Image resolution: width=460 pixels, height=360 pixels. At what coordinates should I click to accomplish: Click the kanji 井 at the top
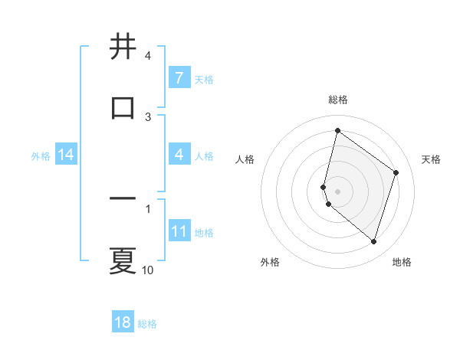click(123, 47)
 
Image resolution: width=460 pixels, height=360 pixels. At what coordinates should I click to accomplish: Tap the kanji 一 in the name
click(123, 199)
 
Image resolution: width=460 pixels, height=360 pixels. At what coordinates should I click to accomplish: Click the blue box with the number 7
click(179, 77)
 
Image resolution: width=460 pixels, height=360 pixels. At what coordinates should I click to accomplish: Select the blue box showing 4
click(179, 155)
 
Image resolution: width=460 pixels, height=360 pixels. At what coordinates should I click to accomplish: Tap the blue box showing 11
click(179, 231)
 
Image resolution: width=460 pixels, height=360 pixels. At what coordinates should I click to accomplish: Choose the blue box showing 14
click(66, 155)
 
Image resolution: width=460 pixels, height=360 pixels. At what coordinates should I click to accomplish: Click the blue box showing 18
click(123, 322)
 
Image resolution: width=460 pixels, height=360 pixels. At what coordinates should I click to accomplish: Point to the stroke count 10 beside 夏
click(148, 270)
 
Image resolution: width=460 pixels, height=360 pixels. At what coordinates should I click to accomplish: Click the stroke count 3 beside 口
click(148, 117)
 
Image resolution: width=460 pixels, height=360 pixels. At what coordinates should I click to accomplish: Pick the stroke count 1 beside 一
click(148, 208)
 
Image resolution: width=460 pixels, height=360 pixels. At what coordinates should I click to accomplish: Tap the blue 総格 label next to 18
click(147, 324)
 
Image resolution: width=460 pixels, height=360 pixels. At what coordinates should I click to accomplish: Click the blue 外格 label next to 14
click(41, 156)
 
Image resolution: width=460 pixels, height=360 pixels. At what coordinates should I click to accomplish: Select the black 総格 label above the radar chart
click(338, 100)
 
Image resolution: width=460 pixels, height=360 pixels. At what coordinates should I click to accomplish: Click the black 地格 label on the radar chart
click(402, 263)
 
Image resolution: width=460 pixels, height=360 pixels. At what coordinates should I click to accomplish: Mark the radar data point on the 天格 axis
click(396, 172)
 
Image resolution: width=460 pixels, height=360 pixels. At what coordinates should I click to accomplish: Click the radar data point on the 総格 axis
click(337, 131)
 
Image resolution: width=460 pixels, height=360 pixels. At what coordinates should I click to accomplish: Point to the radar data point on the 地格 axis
click(373, 242)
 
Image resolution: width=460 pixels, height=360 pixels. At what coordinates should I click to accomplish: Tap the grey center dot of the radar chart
click(337, 191)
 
